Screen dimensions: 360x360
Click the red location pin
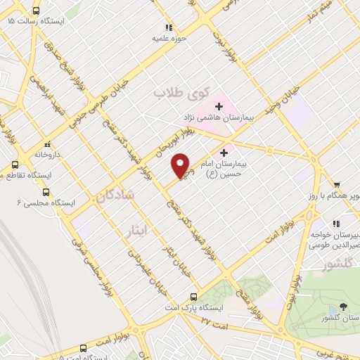coord(181,165)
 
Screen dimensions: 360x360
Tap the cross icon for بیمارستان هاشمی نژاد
coord(219,106)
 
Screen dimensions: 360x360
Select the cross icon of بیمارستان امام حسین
coord(224,152)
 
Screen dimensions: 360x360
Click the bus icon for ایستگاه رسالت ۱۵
coord(37,11)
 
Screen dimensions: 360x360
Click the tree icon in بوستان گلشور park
coord(342,307)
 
